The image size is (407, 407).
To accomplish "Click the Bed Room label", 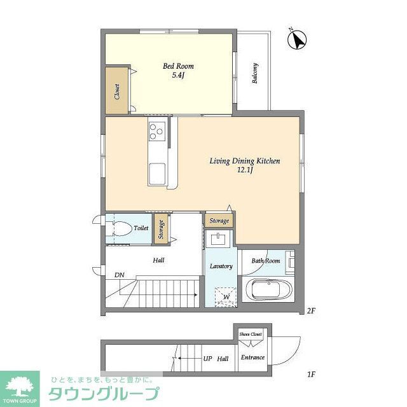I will [x=178, y=66].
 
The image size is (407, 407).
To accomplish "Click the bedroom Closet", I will [x=118, y=91].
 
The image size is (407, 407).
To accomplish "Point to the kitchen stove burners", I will [x=156, y=131].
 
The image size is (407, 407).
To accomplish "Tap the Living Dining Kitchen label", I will [x=245, y=162].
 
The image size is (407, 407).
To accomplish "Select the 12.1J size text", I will [x=245, y=171].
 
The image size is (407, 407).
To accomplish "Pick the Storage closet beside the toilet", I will [x=161, y=230].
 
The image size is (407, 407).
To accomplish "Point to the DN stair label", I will [x=119, y=275].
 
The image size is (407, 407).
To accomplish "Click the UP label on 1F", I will [x=207, y=359].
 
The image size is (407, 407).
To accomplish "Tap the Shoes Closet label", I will [x=251, y=333].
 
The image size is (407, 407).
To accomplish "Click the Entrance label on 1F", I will [x=252, y=357].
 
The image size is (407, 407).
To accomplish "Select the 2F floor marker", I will [x=311, y=311].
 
